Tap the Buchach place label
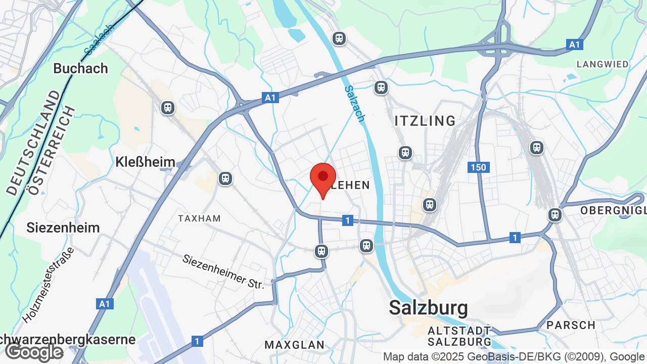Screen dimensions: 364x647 coord(80,68)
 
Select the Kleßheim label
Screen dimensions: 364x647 coord(145,162)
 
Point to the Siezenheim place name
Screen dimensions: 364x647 coord(63,227)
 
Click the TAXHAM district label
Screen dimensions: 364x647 coord(199,218)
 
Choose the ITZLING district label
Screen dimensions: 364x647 coord(425,121)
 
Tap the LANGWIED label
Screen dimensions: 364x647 coord(603,64)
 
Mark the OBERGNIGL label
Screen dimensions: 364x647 coord(613,210)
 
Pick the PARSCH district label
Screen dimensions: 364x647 coord(571,325)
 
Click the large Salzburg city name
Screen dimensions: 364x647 coord(428,307)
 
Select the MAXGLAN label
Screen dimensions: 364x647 coord(295,345)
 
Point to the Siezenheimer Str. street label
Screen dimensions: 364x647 coord(223,271)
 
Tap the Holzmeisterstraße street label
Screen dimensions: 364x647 coord(49,286)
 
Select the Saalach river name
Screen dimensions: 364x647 coord(99,40)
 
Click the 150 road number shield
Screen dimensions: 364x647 coord(478,167)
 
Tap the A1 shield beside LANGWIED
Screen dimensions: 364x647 coord(574,44)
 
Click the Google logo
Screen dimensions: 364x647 coord(34,352)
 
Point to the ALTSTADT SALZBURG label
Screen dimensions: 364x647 coord(459,336)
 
